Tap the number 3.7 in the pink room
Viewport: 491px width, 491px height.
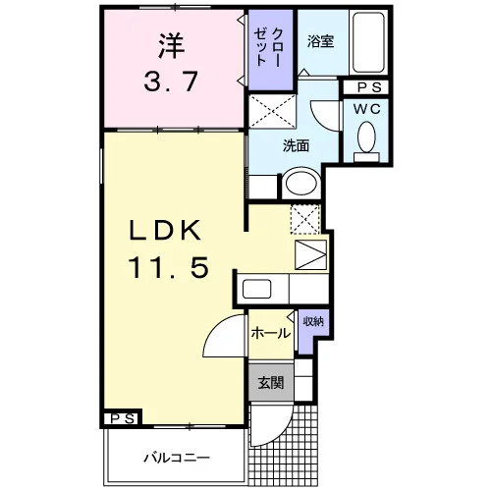coord(171,82)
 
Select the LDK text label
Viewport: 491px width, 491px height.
coord(165,230)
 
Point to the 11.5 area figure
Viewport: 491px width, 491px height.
coord(168,267)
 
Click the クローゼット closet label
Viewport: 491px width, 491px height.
coord(269,47)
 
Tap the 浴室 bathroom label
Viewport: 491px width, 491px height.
coord(320,41)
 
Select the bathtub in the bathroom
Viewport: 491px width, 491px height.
coord(368,42)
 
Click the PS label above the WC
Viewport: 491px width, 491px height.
coord(369,87)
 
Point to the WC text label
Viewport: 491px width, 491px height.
coord(367,109)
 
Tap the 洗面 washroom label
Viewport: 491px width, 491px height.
coord(296,145)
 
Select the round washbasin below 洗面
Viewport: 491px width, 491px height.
coord(301,183)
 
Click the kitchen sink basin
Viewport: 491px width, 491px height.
coord(257,289)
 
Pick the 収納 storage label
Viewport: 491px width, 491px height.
coord(313,321)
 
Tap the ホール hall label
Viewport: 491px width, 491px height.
coord(271,334)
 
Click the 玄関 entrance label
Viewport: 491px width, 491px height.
coord(271,383)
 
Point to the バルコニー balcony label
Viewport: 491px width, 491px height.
coord(177,458)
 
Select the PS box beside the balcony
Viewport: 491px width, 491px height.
coord(123,418)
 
